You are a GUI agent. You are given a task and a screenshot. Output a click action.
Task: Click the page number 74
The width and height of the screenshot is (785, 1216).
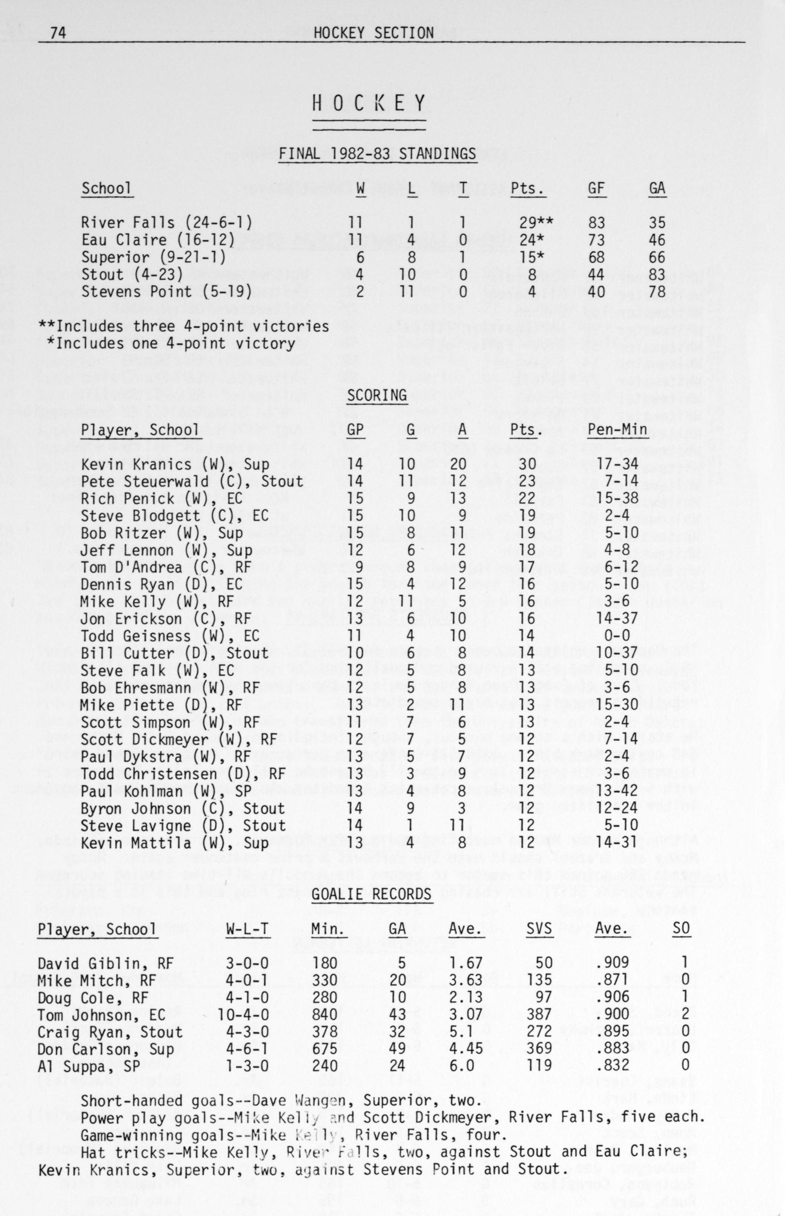pyautogui.click(x=58, y=33)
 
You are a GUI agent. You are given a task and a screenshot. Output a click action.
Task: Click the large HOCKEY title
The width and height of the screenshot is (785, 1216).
pyautogui.click(x=369, y=103)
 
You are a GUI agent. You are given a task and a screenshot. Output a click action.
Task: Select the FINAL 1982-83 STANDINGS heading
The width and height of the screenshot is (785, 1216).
pyautogui.click(x=377, y=154)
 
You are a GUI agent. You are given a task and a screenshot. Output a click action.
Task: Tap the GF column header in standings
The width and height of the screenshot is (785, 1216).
pyautogui.click(x=596, y=189)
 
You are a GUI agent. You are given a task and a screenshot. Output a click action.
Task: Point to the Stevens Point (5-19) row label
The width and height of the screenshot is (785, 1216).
pyautogui.click(x=166, y=291)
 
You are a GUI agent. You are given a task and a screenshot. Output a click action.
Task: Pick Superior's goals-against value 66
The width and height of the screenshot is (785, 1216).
pyautogui.click(x=657, y=257)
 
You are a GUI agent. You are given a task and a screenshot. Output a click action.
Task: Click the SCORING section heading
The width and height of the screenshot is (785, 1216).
pyautogui.click(x=377, y=396)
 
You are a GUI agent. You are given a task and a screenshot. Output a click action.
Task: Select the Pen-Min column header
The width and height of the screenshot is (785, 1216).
pyautogui.click(x=617, y=430)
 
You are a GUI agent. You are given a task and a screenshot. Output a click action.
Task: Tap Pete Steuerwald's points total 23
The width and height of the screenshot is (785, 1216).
pyautogui.click(x=527, y=481)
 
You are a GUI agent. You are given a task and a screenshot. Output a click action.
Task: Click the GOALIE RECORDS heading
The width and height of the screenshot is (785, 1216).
pyautogui.click(x=371, y=895)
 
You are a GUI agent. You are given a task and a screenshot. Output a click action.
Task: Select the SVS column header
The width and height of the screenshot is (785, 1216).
pyautogui.click(x=539, y=929)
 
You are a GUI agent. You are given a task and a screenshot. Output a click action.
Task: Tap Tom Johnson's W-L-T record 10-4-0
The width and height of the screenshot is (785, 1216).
pyautogui.click(x=242, y=1015)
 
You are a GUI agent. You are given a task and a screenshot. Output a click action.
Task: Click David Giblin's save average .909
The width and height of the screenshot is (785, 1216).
pyautogui.click(x=612, y=963)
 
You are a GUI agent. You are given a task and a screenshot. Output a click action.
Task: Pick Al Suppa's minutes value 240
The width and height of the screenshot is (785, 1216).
pyautogui.click(x=325, y=1066)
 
